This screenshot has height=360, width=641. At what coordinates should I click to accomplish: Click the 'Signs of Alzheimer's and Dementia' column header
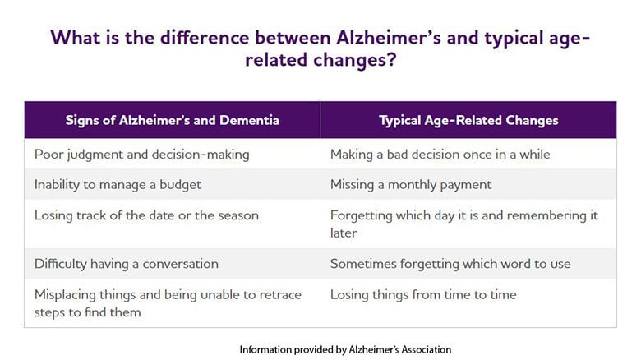click(x=172, y=120)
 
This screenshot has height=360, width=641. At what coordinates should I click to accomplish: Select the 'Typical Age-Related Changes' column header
click(x=468, y=120)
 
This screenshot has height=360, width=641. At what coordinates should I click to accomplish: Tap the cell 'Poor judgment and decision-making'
click(x=141, y=154)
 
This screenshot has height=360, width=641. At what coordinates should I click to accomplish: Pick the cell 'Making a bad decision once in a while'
click(x=440, y=154)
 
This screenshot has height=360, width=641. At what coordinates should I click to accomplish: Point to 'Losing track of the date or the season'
click(x=146, y=215)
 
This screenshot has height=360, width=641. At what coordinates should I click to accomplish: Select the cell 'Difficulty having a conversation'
click(x=126, y=264)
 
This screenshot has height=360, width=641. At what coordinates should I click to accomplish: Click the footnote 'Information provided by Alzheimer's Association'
click(x=345, y=349)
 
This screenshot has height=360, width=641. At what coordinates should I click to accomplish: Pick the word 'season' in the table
click(x=237, y=215)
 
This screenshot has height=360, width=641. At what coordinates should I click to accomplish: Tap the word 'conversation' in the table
click(x=179, y=264)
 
